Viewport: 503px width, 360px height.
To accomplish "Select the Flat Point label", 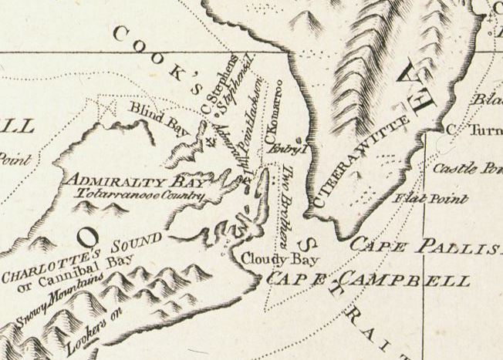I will (x=431, y=200).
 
